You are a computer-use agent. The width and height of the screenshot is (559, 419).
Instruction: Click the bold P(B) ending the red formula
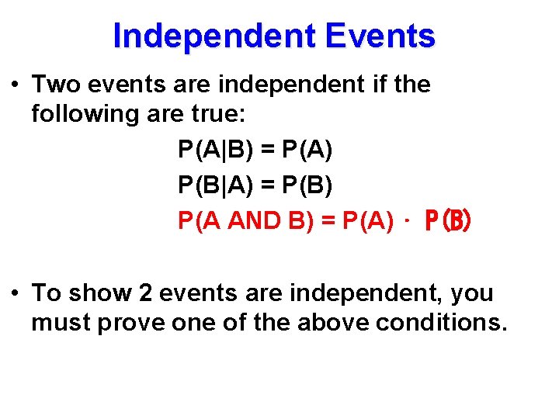(447, 223)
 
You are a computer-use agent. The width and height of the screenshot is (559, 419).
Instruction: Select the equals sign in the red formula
(328, 222)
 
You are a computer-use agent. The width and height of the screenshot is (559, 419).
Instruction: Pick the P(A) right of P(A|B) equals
(303, 151)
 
